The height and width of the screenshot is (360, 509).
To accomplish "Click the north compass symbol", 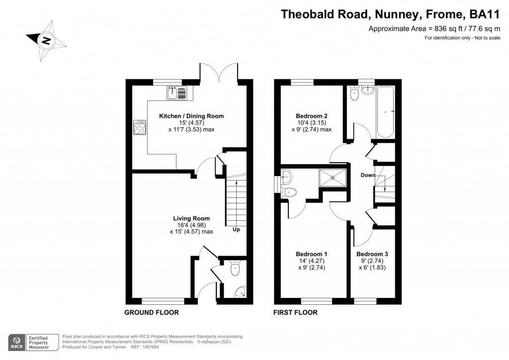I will (x=46, y=40).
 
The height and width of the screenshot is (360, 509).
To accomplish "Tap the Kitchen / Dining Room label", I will (x=191, y=116).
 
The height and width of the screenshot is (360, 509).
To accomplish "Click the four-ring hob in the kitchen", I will (x=139, y=128).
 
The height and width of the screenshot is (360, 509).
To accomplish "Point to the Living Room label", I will (x=191, y=218).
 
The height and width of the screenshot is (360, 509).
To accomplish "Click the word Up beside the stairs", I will (x=237, y=230).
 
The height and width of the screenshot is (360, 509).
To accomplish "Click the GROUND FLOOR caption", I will (x=152, y=313).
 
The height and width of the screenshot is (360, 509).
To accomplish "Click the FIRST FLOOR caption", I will (x=295, y=313).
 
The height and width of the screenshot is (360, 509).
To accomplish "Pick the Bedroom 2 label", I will (x=311, y=116).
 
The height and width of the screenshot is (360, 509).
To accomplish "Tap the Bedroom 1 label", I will (x=311, y=253).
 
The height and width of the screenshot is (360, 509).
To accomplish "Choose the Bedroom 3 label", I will (x=372, y=254).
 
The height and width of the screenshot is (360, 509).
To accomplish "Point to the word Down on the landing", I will (x=368, y=176).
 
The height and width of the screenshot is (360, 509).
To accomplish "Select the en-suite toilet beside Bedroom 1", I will (x=290, y=192).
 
